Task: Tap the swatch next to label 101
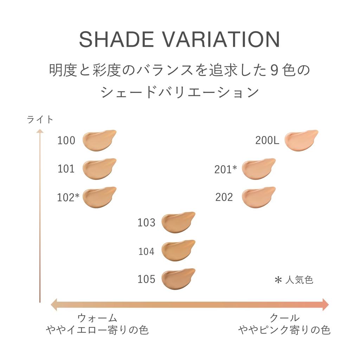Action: (x=98, y=169)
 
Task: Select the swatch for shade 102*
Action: (x=98, y=197)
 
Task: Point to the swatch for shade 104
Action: (x=177, y=250)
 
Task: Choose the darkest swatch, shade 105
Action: (x=177, y=279)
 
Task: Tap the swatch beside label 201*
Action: (x=258, y=169)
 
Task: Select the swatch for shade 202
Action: (x=258, y=197)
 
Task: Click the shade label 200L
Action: (x=267, y=141)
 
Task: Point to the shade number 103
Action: (x=146, y=223)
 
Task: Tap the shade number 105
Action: (x=146, y=279)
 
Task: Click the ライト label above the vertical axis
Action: (x=40, y=120)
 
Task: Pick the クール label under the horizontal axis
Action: (x=284, y=318)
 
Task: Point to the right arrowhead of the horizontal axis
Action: (x=325, y=304)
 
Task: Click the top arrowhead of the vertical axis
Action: (x=40, y=131)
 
